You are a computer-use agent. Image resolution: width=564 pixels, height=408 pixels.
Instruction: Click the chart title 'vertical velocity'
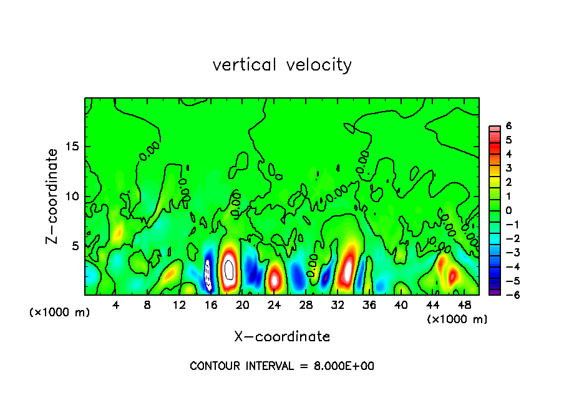[x=282, y=65]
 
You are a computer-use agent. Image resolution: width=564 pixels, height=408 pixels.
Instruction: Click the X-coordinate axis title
[x=282, y=337]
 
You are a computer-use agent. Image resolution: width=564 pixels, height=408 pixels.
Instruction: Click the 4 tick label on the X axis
[x=116, y=305]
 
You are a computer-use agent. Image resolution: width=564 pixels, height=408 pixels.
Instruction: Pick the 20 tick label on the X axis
[x=243, y=305]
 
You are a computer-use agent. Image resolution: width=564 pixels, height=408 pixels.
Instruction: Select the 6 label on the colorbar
[x=508, y=125]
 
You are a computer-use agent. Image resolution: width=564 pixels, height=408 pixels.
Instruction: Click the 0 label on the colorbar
[x=508, y=210]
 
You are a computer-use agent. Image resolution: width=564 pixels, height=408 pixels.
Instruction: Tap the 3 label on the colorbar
[x=508, y=168]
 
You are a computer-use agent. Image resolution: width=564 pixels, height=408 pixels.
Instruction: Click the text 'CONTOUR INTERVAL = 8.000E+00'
[x=282, y=366]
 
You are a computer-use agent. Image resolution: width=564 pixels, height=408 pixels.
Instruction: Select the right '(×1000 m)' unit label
[x=457, y=319]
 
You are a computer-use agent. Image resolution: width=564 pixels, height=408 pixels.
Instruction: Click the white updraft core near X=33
[x=348, y=270]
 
